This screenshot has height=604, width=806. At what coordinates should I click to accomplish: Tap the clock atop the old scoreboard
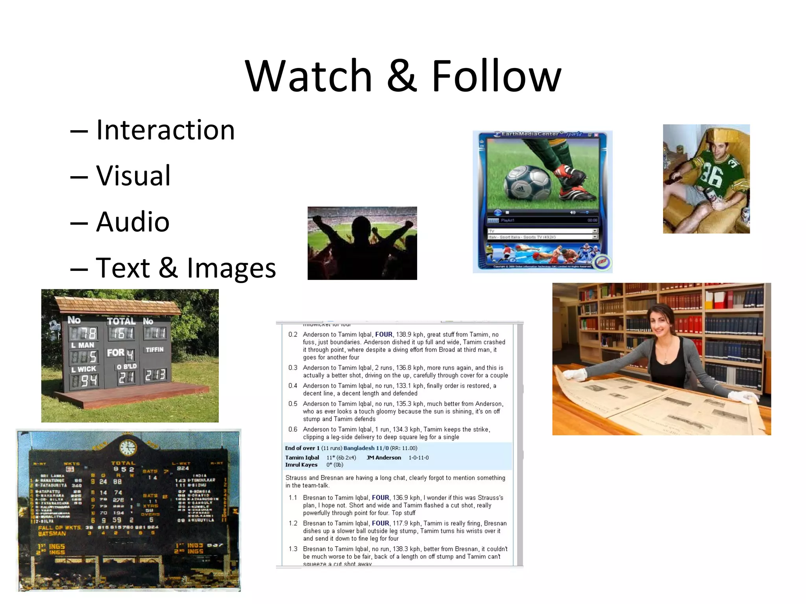click(128, 448)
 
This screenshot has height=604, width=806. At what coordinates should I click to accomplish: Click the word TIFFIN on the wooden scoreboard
click(154, 350)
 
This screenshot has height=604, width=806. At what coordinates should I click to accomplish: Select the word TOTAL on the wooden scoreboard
click(121, 321)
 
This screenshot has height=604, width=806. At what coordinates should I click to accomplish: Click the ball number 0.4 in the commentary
click(293, 386)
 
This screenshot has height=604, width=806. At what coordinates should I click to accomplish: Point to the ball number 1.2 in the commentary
click(293, 523)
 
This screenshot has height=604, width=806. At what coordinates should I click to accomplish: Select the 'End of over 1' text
click(302, 448)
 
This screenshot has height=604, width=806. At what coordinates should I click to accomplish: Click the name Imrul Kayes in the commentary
click(301, 465)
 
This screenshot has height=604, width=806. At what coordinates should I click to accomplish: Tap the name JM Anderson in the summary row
click(384, 458)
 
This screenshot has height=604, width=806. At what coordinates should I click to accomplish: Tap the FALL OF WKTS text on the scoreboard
click(60, 528)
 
